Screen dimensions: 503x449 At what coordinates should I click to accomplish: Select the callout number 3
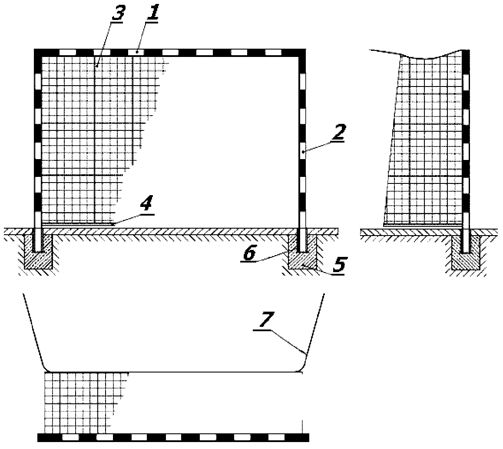117,14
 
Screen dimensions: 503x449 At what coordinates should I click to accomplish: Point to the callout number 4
146,204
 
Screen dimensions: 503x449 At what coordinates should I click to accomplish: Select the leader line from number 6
271,257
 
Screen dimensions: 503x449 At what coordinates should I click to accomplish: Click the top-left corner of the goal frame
34,49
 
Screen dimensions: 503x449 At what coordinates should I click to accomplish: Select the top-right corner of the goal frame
305,49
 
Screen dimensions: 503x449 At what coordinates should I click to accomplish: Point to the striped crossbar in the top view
173,437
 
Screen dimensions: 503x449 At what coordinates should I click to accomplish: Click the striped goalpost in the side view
466,151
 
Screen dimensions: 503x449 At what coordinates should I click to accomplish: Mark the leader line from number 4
132,218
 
